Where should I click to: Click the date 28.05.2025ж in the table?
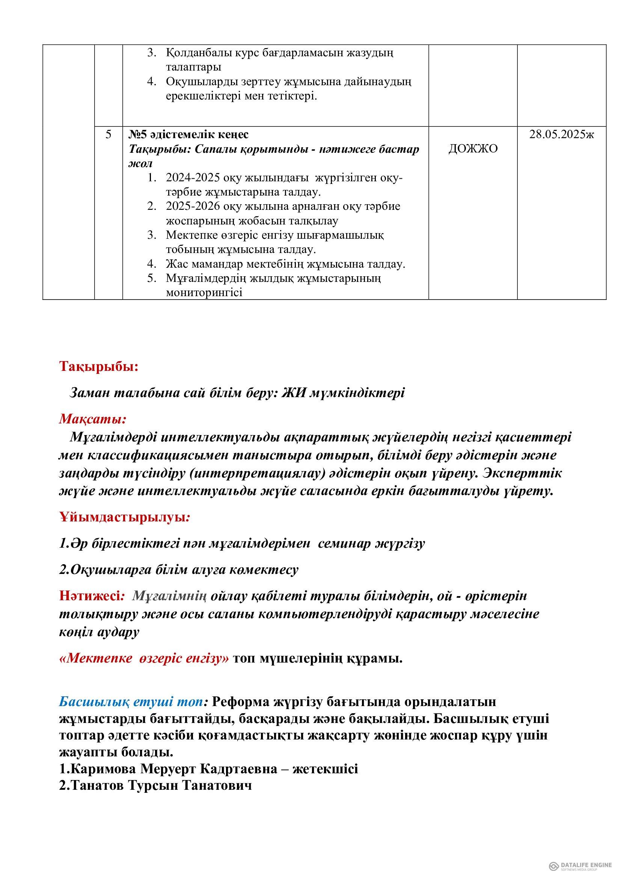561,135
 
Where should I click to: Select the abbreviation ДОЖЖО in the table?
473,149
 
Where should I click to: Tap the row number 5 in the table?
109,135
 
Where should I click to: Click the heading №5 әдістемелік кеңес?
188,135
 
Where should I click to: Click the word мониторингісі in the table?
204,293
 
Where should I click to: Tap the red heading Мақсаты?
92,419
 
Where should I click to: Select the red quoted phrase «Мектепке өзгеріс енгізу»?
144,658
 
